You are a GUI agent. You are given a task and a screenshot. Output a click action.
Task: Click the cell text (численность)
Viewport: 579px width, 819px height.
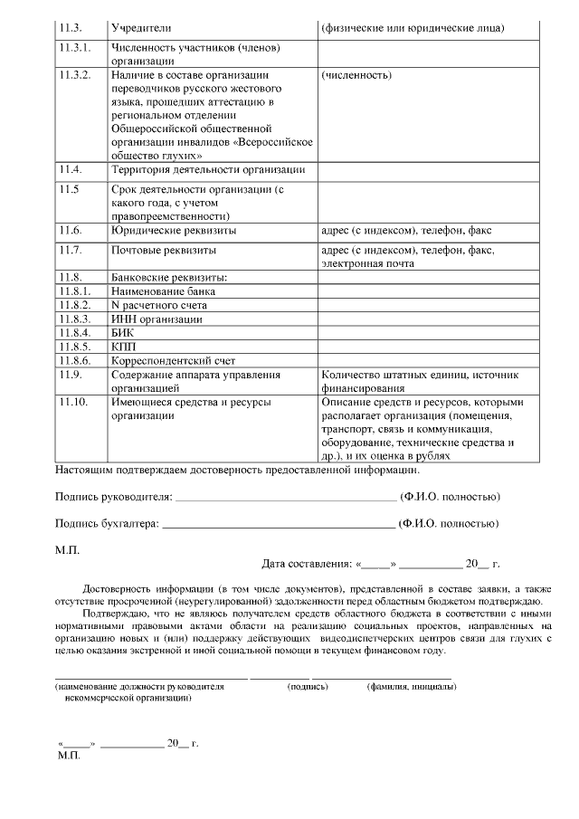point(356,75)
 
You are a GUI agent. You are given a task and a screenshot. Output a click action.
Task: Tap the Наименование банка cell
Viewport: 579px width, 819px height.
point(163,291)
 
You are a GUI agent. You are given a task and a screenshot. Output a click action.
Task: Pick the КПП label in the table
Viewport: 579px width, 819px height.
point(122,347)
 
